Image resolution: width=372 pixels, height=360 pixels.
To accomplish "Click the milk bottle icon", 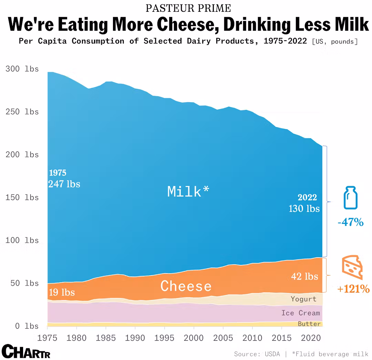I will coord(350,198).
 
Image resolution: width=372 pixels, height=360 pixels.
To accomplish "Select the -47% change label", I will coord(350,222).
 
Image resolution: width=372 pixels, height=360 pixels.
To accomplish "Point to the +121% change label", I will coord(353,289).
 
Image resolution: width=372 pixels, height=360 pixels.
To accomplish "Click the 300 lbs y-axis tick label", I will coord(22,69).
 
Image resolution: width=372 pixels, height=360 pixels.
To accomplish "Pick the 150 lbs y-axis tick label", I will coord(22,198).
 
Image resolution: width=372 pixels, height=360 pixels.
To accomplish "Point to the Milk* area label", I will coord(188,191).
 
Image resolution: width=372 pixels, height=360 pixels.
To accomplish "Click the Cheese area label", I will coord(186,286).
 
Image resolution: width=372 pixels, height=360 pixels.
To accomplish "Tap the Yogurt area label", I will coord(303,299).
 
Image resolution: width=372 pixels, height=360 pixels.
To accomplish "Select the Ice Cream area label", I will coord(301,313).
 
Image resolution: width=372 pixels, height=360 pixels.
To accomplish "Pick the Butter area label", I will coord(309,324).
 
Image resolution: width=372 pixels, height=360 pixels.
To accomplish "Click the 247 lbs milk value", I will coord(64,184).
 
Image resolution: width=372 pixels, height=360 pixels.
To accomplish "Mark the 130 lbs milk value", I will coord(304,209).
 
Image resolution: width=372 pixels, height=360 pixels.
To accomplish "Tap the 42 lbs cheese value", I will coord(304,277).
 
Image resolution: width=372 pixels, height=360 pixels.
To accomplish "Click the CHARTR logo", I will coord(26,351).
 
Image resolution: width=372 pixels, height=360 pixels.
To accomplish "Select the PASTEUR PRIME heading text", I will coord(188,8).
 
